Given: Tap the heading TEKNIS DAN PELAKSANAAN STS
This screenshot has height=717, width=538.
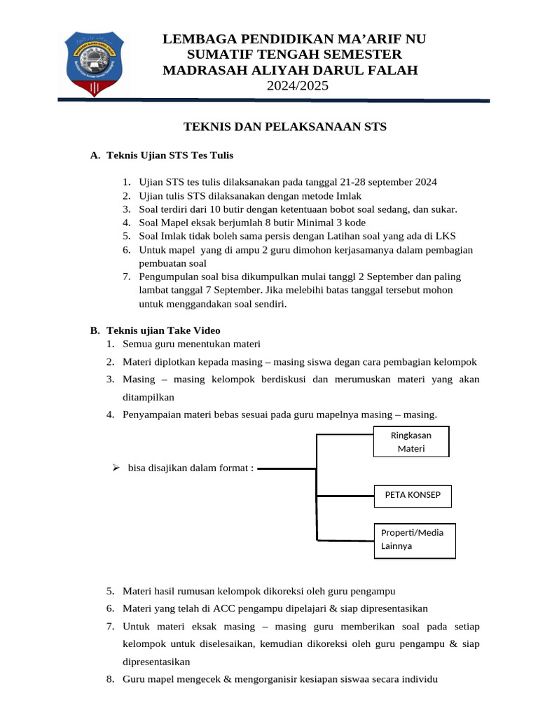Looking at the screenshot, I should [x=284, y=127].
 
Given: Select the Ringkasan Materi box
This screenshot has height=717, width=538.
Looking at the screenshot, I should [x=411, y=442].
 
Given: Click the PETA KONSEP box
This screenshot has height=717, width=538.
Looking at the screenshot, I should [x=413, y=495].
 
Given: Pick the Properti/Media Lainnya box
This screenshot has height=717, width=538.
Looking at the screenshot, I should [x=414, y=539].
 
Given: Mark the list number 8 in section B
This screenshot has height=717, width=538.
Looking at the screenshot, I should [x=111, y=679].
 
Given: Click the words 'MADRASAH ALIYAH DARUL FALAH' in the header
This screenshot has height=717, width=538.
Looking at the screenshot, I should [x=290, y=70].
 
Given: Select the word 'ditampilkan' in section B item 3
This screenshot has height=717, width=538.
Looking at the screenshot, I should [x=149, y=396].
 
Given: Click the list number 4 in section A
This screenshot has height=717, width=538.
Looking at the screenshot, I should [x=127, y=222].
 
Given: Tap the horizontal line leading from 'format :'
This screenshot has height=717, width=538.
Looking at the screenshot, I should [x=287, y=470].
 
